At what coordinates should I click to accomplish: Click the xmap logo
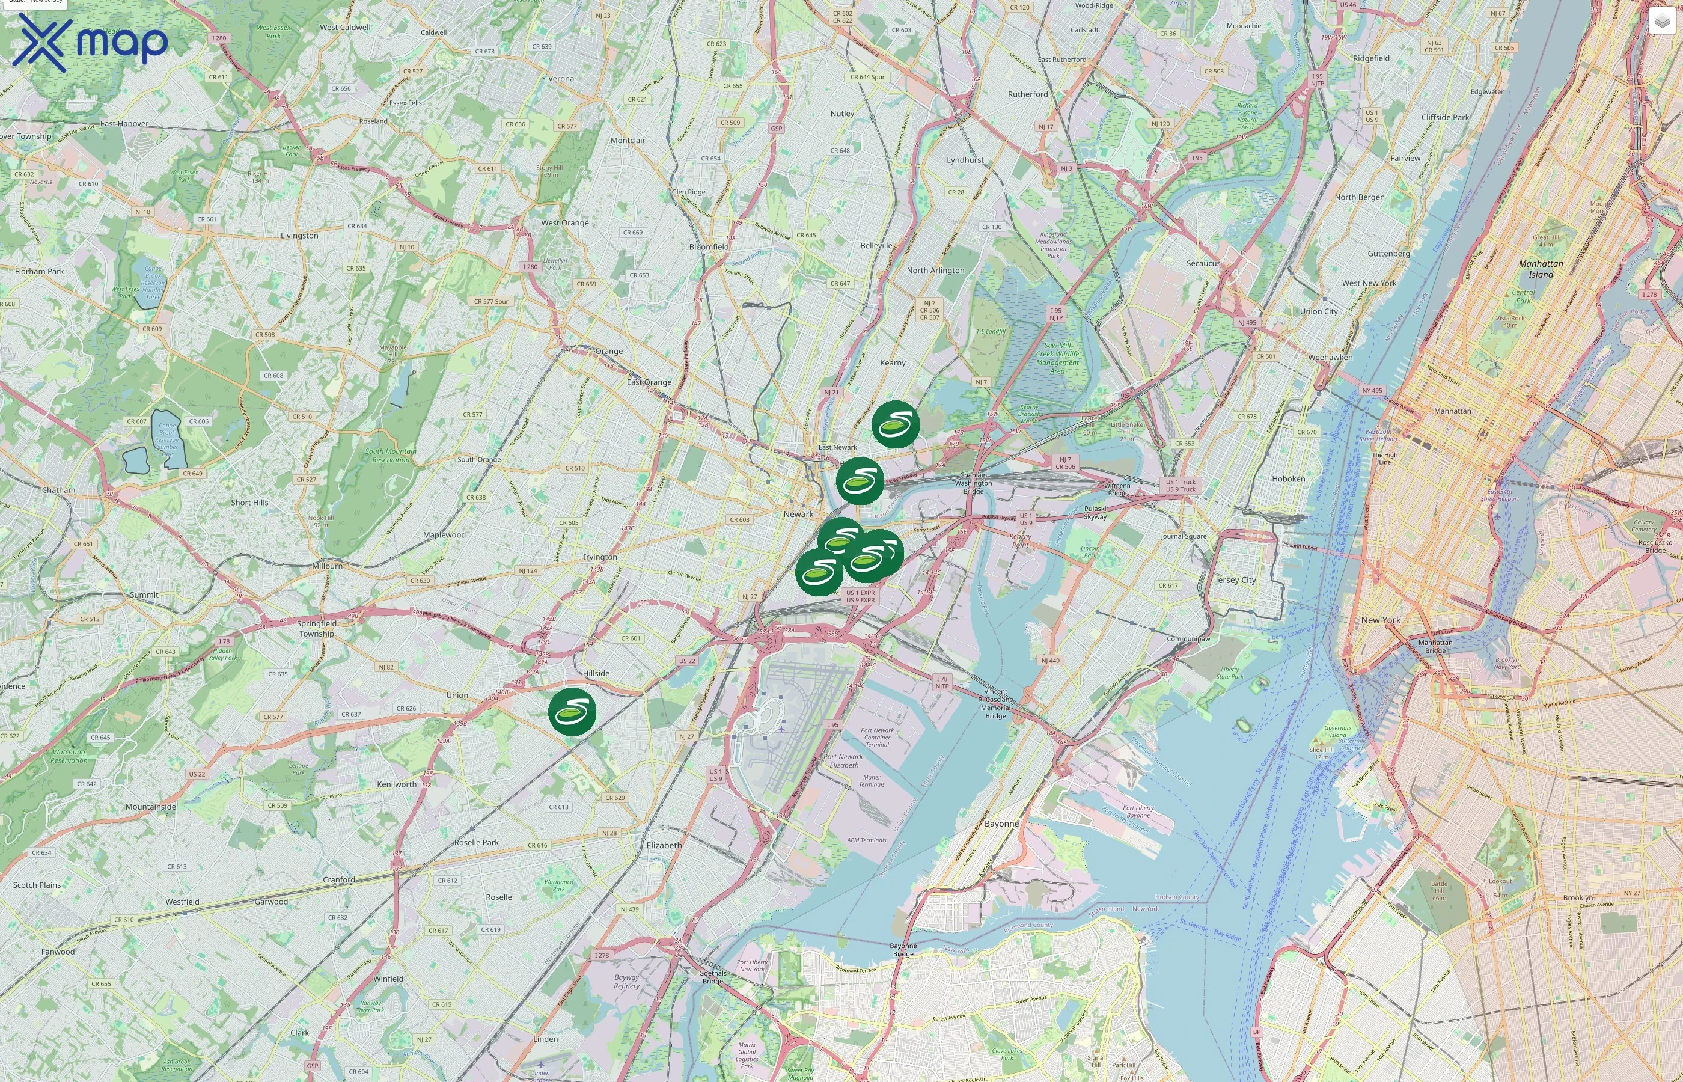90,42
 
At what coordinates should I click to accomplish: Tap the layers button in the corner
1661,21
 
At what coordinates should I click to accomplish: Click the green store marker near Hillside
572,712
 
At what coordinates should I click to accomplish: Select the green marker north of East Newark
895,424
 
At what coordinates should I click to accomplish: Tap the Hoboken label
1288,479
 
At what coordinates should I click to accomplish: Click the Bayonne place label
1001,824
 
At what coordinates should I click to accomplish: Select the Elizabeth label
664,845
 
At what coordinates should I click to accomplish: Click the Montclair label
628,141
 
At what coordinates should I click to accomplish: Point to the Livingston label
299,236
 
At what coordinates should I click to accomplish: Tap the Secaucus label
1203,263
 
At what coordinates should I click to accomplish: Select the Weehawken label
1330,358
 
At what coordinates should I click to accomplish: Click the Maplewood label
444,534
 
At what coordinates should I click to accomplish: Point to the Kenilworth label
396,784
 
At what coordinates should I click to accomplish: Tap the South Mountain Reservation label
391,455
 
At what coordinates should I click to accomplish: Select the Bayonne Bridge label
903,950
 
